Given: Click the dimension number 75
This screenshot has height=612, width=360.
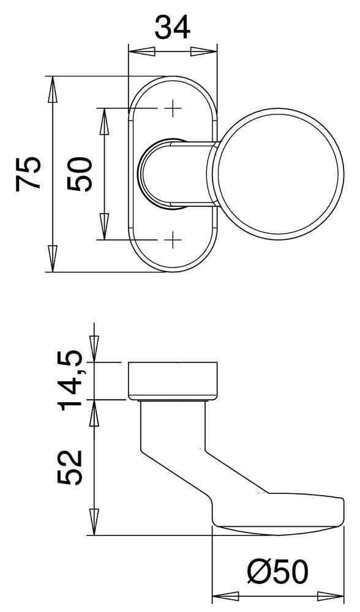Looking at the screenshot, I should coord(29,174).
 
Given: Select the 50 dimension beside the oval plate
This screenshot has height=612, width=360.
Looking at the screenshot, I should coord(80,174).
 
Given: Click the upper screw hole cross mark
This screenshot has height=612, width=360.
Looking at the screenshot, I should coord(173,109).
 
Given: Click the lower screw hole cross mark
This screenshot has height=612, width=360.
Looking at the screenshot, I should coord(173,239).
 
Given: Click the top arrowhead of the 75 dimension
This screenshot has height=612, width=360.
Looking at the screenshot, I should coord(52,89).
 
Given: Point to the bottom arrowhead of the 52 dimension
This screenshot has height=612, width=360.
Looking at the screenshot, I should coord(94,523).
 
